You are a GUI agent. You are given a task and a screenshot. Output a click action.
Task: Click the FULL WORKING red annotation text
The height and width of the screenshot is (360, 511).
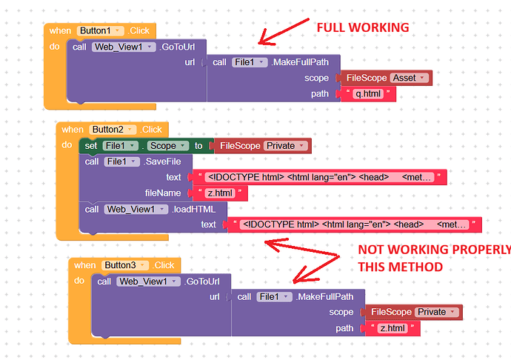[362, 28]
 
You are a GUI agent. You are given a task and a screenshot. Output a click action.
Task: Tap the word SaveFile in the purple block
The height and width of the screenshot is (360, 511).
[164, 161]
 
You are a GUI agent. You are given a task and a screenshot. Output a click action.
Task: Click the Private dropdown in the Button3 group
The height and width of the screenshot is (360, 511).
[436, 312]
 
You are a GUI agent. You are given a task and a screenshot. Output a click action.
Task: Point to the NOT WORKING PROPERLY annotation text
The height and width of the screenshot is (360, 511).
[433, 257]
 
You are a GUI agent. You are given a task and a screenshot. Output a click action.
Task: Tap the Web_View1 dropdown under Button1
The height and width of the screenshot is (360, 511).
[123, 46]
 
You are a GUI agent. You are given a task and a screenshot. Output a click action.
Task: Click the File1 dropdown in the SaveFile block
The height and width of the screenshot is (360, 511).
[121, 161]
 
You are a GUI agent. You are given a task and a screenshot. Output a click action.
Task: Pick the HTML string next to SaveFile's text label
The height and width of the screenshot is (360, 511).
[317, 177]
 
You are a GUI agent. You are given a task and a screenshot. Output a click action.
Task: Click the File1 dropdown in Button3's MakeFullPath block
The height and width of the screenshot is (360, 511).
[273, 296]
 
